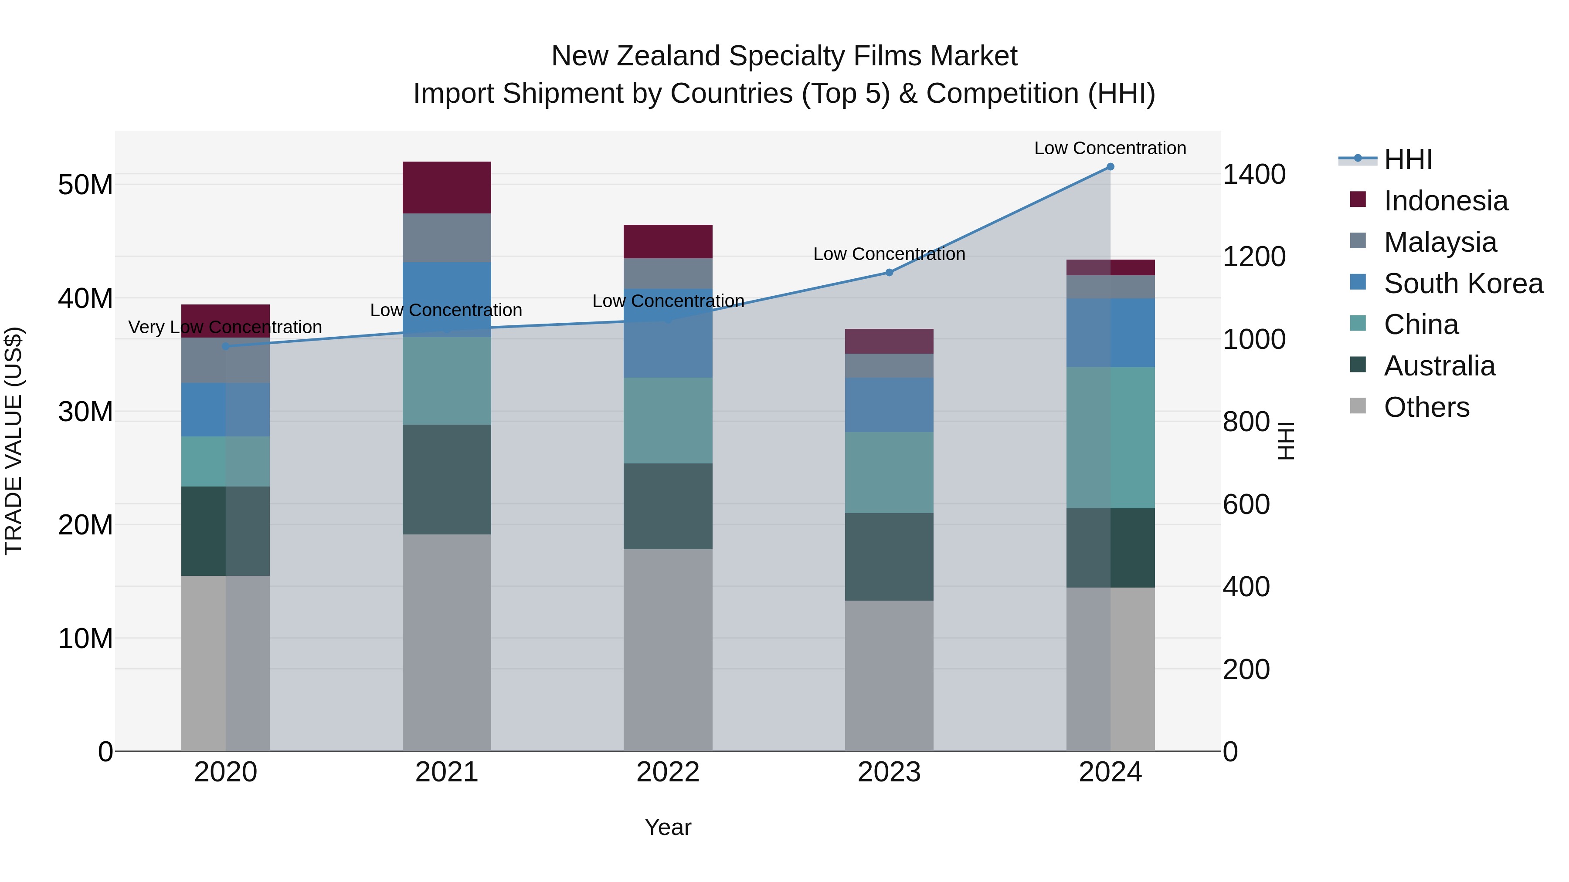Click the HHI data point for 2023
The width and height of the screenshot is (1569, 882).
[889, 273]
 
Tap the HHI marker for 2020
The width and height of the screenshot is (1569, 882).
[225, 346]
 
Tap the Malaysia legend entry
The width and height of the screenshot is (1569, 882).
[1440, 242]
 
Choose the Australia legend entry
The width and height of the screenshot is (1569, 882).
[1439, 366]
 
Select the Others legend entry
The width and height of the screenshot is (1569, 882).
[1426, 407]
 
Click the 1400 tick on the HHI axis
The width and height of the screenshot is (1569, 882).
[1254, 175]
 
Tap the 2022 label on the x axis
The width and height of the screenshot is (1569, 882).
[668, 772]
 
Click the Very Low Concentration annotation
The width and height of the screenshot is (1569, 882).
[225, 328]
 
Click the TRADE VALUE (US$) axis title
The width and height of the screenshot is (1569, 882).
[14, 441]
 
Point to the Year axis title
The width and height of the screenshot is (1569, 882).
[668, 827]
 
